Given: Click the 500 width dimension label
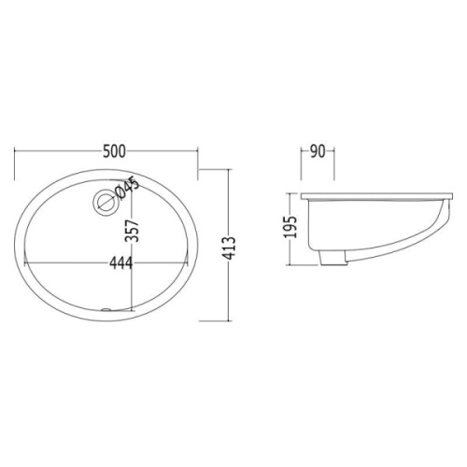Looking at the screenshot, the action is tap(114, 151).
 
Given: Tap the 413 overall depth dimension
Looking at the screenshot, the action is tap(230, 248).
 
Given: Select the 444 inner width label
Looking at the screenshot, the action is tap(120, 262).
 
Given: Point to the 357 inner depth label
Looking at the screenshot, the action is tap(132, 231).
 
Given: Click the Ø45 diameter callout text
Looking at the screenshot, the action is tap(126, 188).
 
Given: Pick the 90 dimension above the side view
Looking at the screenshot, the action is tap(318, 151).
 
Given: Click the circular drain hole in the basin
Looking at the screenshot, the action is tap(105, 202).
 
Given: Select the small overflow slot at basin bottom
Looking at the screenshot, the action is tap(106, 309).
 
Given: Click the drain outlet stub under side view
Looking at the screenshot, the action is tap(333, 258).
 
